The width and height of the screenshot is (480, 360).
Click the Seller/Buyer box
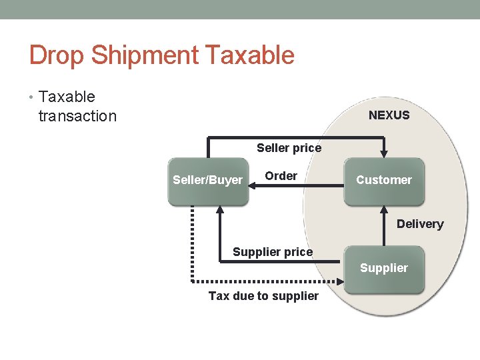coord(207,180)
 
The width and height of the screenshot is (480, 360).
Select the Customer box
coord(383,180)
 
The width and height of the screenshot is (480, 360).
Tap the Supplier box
coord(383,269)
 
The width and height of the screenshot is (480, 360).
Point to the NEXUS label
coord(389,115)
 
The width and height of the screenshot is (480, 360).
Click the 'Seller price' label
coord(289,148)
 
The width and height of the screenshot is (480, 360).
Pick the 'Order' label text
coord(281,176)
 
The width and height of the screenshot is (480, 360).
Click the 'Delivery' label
coord(419,224)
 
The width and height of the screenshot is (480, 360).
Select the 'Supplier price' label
coord(272,252)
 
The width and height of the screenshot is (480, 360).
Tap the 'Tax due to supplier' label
coord(263,296)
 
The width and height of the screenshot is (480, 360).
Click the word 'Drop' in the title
coord(57,55)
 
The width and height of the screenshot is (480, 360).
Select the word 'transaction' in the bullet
coord(77,117)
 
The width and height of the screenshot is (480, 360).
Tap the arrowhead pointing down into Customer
coord(383,153)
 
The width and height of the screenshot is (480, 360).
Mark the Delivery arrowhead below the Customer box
coord(384,209)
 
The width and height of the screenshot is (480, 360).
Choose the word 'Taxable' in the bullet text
coord(67,97)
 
